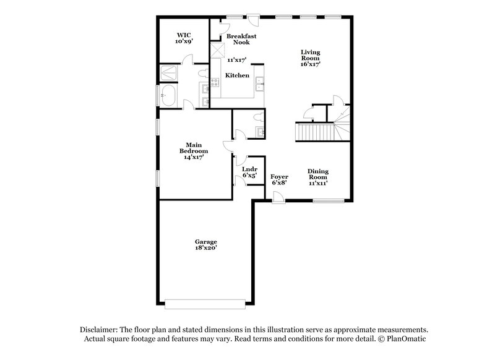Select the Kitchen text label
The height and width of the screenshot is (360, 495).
237,75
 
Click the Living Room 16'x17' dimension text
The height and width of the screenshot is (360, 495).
310,64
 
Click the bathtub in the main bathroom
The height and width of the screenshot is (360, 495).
168,96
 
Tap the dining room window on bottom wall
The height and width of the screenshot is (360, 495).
328,200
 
